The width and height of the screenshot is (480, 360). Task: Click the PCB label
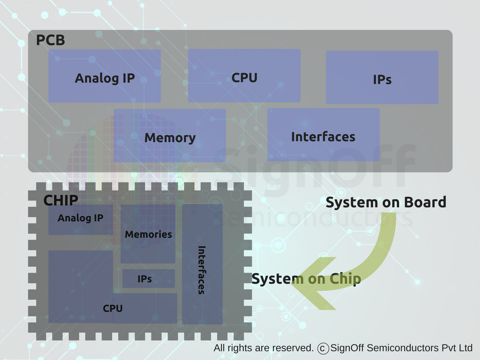(x=50, y=40)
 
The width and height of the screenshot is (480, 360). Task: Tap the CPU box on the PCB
(x=244, y=76)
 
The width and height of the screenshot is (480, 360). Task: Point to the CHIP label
(x=60, y=201)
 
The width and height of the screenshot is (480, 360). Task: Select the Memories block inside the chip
(x=148, y=234)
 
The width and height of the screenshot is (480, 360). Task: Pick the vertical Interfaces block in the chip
(x=202, y=270)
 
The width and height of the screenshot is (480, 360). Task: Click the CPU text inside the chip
(x=112, y=308)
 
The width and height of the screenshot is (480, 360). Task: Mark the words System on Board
(x=385, y=202)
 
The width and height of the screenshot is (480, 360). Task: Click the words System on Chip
(x=306, y=279)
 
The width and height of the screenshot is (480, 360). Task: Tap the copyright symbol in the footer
(x=322, y=348)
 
